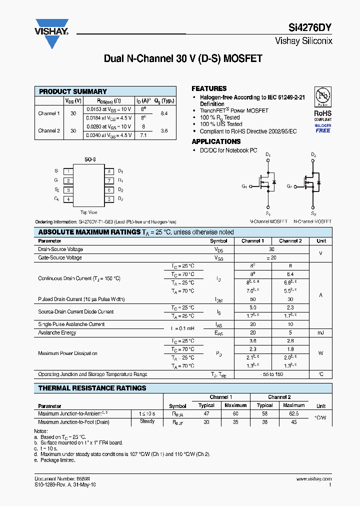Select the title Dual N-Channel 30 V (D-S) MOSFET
coord(183,58)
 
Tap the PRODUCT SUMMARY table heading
coord(73,91)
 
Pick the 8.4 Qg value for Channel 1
coord(164,113)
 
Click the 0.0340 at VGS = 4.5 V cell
coord(109,135)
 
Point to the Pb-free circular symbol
coord(322,96)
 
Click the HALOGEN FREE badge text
coord(322,128)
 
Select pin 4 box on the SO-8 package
coord(68,199)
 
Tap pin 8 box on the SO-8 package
coord(108,171)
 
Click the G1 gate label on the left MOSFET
coord(244,186)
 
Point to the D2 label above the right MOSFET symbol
coord(313,155)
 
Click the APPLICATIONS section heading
coord(216,141)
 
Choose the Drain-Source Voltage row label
coord(60,249)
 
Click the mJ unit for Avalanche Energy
coord(321,332)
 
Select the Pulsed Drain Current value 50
coord(252,299)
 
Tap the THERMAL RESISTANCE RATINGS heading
coord(92,388)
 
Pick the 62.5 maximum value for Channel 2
coord(293,413)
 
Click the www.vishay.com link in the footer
coord(314,478)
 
